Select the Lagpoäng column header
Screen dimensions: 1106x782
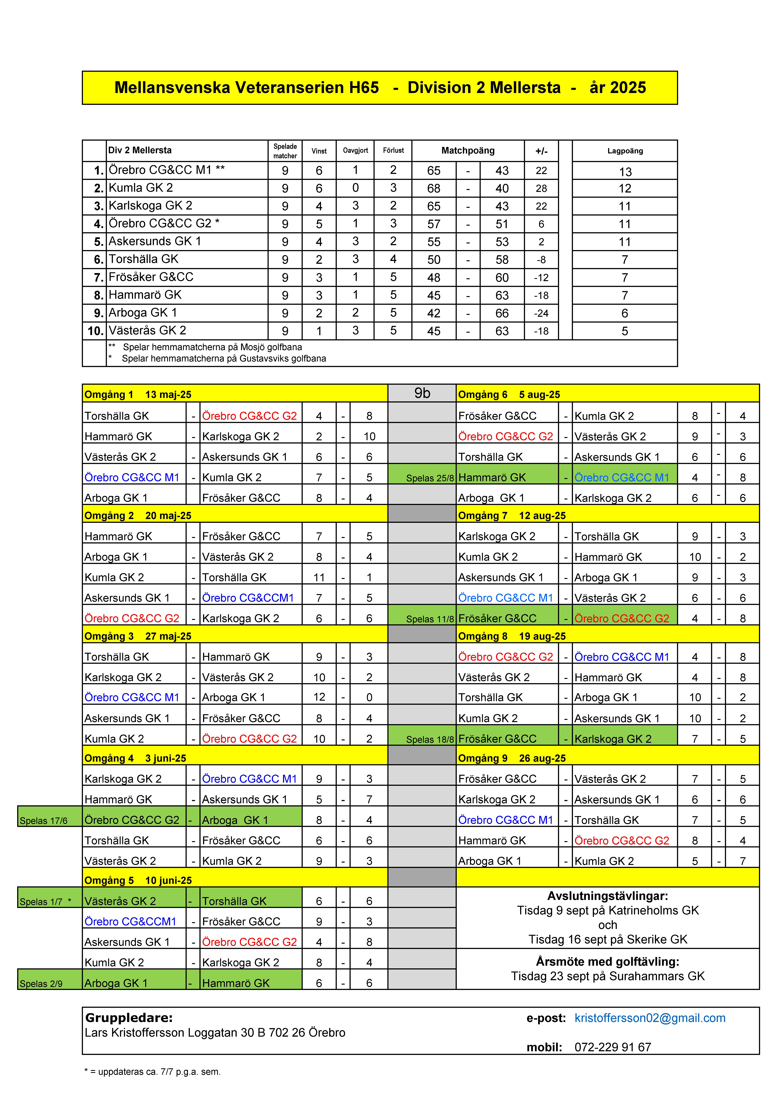(625, 151)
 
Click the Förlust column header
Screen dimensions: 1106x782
(393, 150)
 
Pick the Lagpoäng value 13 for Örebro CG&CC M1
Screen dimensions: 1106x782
(625, 172)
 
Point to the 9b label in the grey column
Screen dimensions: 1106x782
(422, 393)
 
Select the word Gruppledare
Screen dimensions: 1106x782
(129, 1018)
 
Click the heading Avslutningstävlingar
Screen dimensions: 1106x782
(608, 896)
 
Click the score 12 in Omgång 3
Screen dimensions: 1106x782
(319, 697)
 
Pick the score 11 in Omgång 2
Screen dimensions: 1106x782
(319, 577)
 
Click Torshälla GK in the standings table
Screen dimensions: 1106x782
(144, 259)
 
